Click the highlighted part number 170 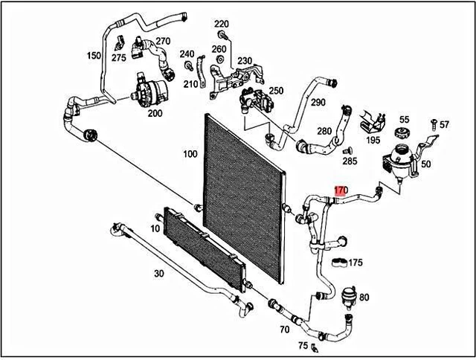click(x=340, y=190)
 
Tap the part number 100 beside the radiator click(x=190, y=154)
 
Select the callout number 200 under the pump click(x=155, y=114)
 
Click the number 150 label click(x=94, y=56)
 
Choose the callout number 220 click(x=222, y=24)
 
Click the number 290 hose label click(x=318, y=102)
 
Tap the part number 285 click(x=350, y=161)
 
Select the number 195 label click(x=373, y=141)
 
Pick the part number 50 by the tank click(x=425, y=164)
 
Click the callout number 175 click(x=356, y=263)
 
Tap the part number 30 click(x=158, y=274)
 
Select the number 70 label click(x=285, y=328)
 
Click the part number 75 click(x=303, y=345)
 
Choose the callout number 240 click(x=187, y=54)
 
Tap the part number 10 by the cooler click(x=155, y=228)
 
